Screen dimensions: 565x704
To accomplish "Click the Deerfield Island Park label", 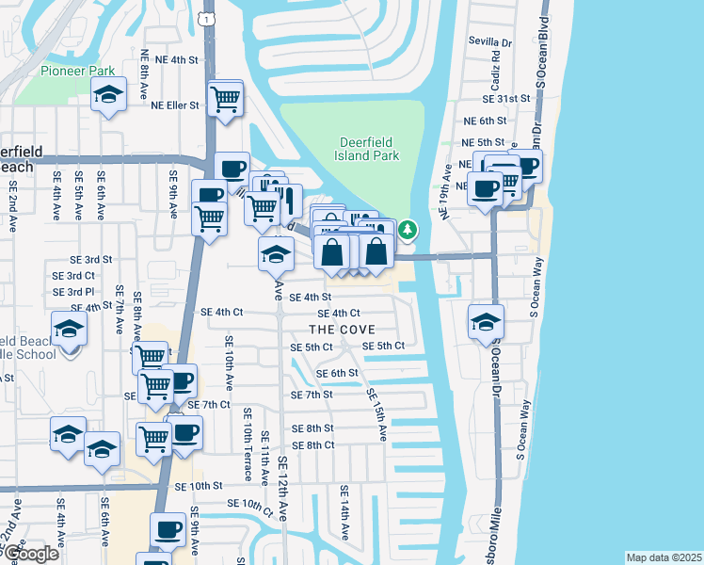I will (x=366, y=150).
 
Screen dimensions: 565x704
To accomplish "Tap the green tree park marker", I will (x=408, y=229).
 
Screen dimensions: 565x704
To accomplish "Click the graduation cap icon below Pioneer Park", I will (x=109, y=94).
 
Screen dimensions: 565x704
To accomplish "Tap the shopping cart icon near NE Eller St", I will (x=224, y=97).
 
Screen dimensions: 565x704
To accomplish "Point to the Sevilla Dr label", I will (x=490, y=42).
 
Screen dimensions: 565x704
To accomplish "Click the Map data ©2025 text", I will (x=663, y=557).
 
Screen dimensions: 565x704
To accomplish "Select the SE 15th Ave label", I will (x=376, y=414).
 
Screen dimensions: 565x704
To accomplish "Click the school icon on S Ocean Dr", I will (x=486, y=322).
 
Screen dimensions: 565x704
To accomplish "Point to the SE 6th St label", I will (x=337, y=373).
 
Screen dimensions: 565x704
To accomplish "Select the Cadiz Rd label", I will (x=495, y=66).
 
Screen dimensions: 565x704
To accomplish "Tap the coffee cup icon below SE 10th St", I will (x=168, y=530).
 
